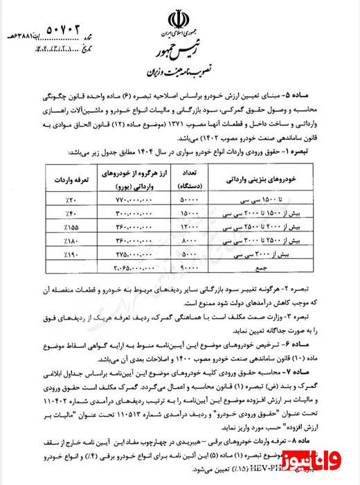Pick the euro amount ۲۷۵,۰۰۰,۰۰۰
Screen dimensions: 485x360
click(x=132, y=254)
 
